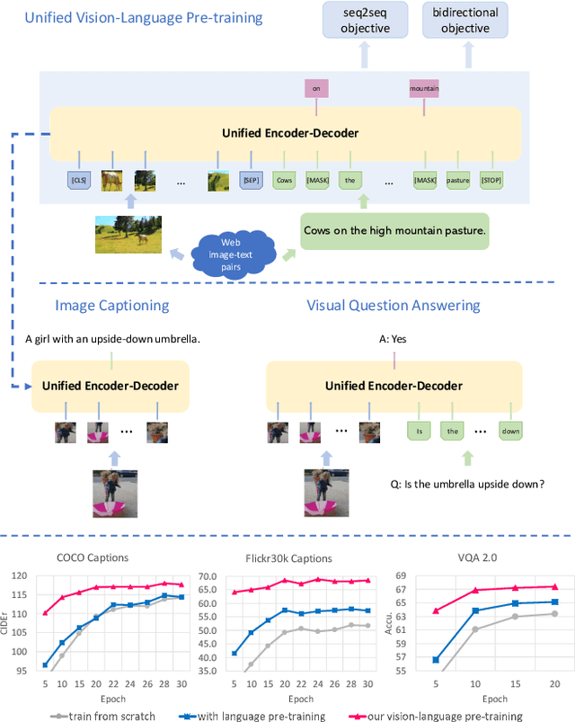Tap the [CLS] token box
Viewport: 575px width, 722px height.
[80, 180]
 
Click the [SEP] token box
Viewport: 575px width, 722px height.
[251, 180]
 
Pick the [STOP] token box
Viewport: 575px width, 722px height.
[491, 180]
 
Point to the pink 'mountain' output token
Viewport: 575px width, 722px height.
[424, 88]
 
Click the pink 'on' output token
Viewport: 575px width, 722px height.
[316, 88]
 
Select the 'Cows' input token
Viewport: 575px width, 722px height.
[285, 180]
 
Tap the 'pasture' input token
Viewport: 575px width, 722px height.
[458, 180]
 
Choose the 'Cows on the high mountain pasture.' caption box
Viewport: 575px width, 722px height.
[394, 231]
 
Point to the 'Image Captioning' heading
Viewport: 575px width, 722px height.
[111, 305]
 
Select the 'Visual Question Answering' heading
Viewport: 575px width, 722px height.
[394, 305]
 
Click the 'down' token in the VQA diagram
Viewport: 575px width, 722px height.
[510, 431]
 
